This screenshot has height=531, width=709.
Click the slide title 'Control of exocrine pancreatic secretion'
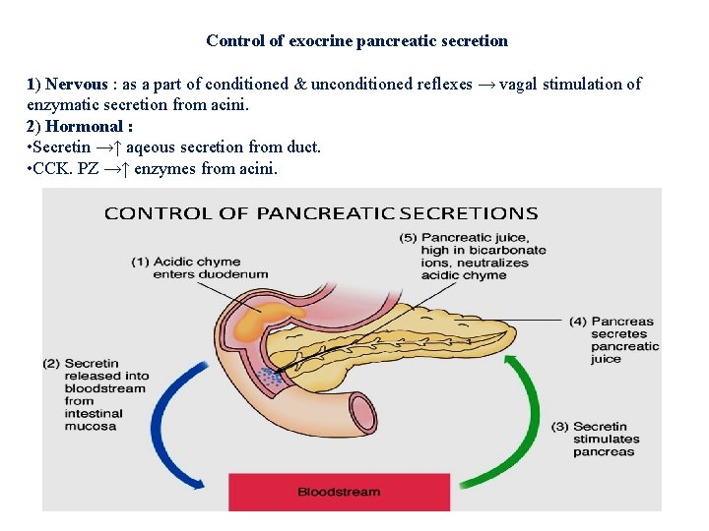356,41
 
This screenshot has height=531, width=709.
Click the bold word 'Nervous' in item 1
76,85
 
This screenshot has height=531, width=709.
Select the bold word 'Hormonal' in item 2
86,126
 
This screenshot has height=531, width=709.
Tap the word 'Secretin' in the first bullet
63,147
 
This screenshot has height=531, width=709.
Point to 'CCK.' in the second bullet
52,169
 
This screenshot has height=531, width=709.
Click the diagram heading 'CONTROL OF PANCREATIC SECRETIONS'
321,213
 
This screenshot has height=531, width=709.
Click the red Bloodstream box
338,491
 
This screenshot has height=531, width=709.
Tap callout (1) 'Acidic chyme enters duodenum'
185,267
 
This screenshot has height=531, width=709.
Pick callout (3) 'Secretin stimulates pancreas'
605,439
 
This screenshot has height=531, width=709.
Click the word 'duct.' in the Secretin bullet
301,147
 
